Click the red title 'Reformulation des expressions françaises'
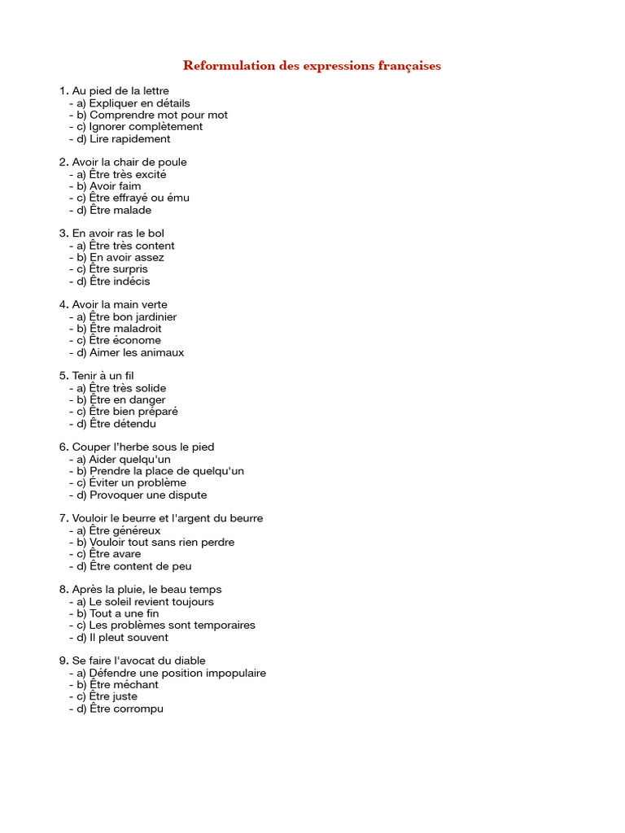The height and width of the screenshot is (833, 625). [x=312, y=66]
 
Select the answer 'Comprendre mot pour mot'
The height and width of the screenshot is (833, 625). [x=158, y=115]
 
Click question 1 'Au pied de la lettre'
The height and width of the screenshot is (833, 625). [x=120, y=91]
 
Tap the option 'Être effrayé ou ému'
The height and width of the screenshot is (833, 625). [x=138, y=198]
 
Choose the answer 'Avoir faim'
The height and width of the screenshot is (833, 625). [x=115, y=186]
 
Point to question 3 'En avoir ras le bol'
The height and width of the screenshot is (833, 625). [x=118, y=233]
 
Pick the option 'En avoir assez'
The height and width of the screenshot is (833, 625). [x=126, y=257]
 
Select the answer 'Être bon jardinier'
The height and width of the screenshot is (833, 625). [x=133, y=317]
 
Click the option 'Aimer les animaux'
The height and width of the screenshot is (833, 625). [x=136, y=352]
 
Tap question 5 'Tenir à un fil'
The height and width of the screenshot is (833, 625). [x=103, y=376]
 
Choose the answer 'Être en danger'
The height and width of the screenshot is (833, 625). [x=127, y=399]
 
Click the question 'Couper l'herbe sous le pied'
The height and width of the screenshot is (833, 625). [x=143, y=447]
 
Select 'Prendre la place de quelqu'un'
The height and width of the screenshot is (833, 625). [x=166, y=471]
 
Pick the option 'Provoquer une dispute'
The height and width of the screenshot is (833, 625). [x=147, y=495]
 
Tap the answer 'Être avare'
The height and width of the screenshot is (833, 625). [x=115, y=554]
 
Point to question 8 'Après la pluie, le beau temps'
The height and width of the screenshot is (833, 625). [x=146, y=590]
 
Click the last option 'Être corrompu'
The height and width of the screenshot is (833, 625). [x=126, y=709]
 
